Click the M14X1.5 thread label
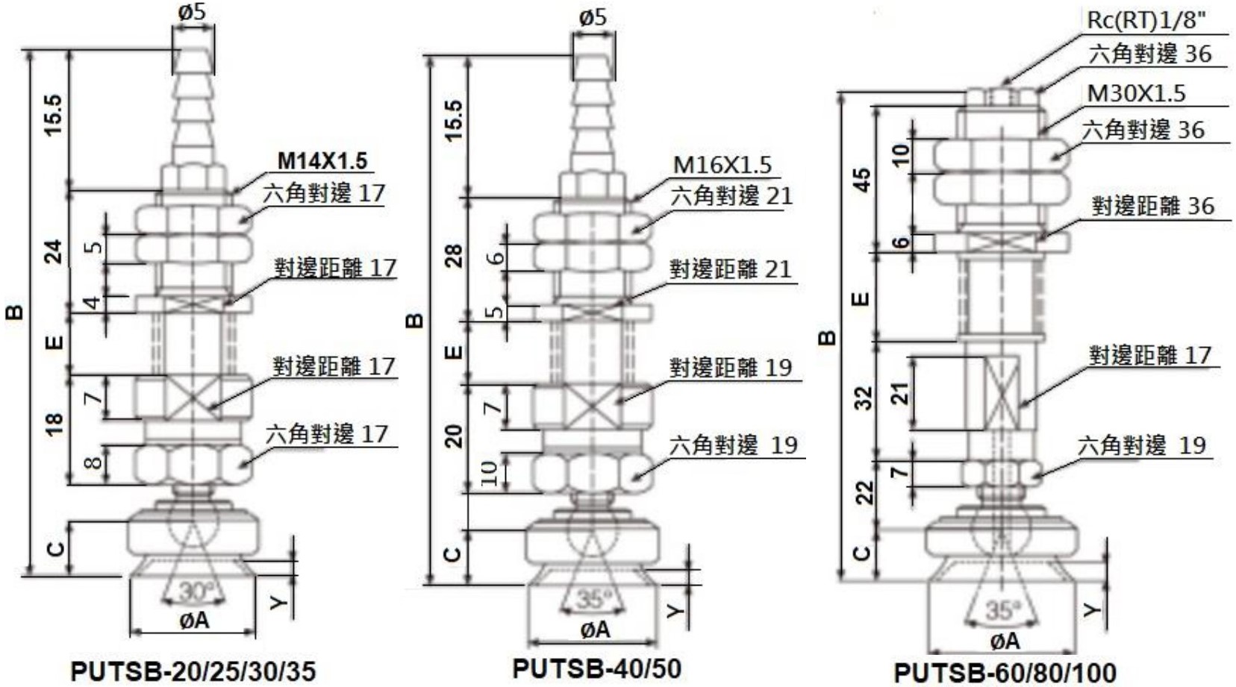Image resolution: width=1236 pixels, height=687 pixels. (x=322, y=160)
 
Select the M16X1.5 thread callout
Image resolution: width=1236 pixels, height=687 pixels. (x=722, y=165)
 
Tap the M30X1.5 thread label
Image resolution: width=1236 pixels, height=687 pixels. (x=1136, y=93)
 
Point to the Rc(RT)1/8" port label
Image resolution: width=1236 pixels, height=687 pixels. (x=1146, y=20)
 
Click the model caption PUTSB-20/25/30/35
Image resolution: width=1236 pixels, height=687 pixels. (x=193, y=671)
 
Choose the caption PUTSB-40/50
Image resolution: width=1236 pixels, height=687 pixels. (x=597, y=668)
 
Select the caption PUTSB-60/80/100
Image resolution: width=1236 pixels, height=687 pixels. (x=1005, y=672)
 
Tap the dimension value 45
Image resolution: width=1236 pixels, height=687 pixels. (x=862, y=180)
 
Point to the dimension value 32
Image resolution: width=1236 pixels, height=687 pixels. (x=863, y=398)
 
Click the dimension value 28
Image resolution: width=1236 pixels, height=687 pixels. (x=455, y=256)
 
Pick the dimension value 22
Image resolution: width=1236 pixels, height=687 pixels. (x=864, y=492)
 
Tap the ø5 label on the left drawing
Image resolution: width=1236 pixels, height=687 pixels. (x=193, y=12)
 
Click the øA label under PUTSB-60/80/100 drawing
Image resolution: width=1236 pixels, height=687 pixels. (x=1005, y=641)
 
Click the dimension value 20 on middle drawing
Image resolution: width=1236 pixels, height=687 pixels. (x=455, y=435)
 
